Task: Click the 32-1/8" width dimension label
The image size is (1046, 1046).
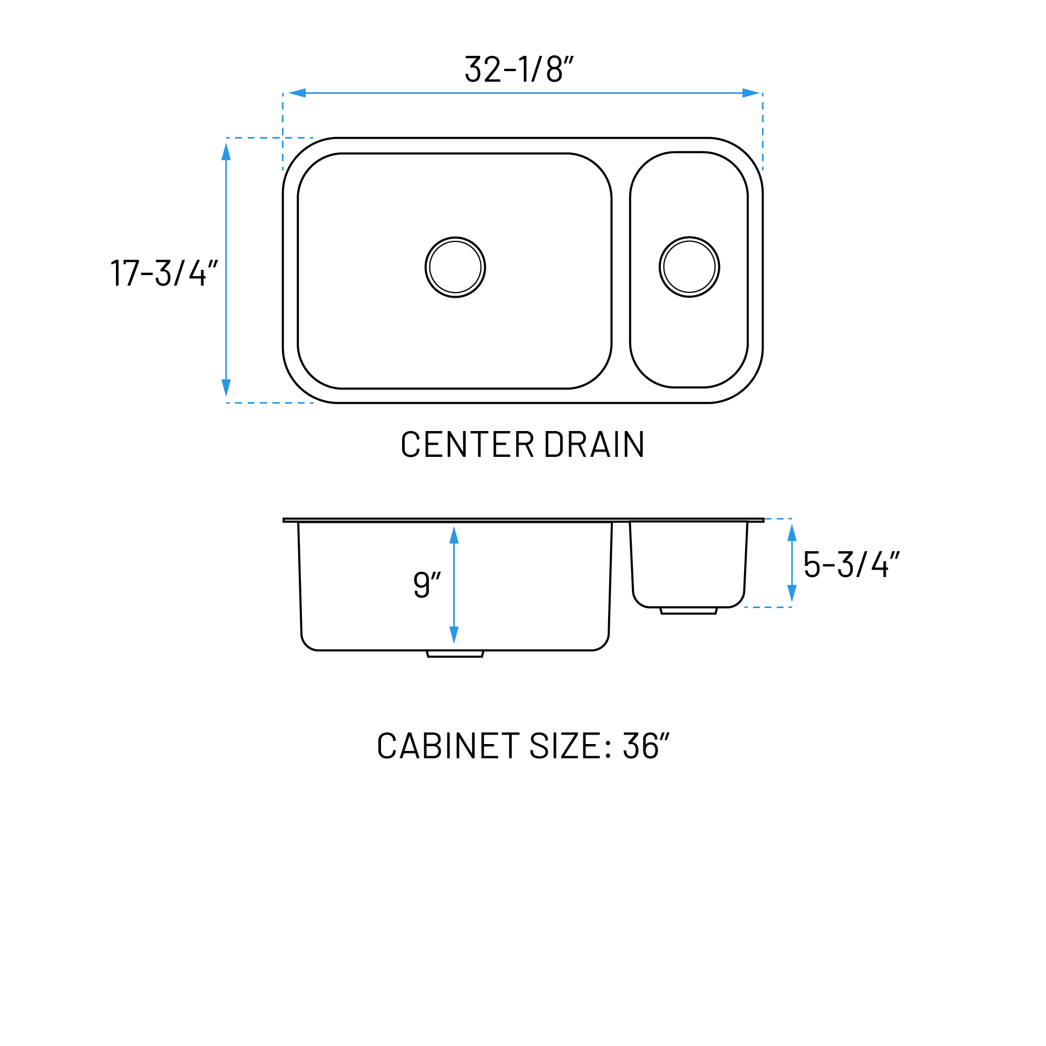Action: coord(519,69)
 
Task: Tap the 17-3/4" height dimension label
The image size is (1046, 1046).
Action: coord(164,272)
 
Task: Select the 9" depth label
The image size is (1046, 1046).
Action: coord(427,584)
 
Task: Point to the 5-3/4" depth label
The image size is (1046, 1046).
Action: coord(851,564)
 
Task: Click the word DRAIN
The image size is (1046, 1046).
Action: coord(594,445)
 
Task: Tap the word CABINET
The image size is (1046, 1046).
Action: coord(448,746)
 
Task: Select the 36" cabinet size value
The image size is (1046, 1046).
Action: coord(646,746)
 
